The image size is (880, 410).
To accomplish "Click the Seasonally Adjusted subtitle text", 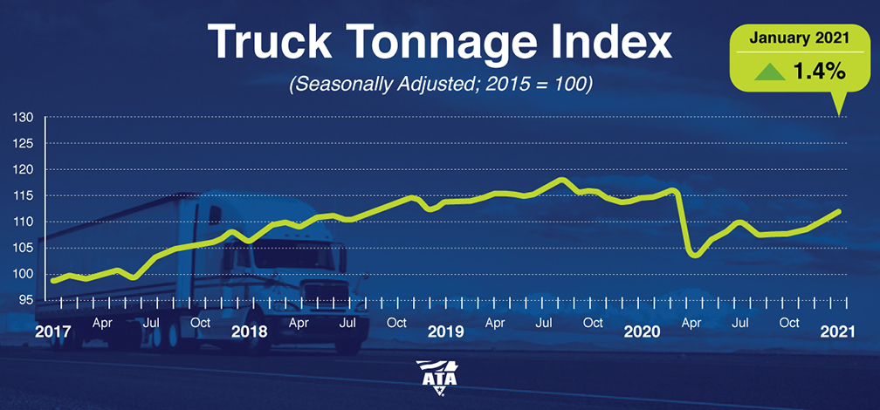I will (441, 87).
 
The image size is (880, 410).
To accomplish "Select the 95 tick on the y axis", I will (26, 300).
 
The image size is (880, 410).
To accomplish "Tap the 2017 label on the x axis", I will (53, 331).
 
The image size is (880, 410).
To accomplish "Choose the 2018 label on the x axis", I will (250, 331).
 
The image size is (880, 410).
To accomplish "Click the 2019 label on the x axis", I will (445, 331).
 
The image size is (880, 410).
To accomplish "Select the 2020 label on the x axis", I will (642, 331).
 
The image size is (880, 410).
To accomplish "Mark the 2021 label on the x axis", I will (838, 331).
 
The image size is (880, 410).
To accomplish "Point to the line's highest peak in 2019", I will (563, 180).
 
